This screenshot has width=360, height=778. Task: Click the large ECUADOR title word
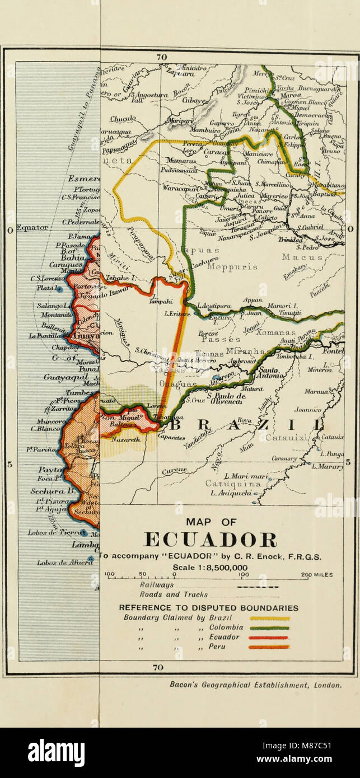pyautogui.click(x=210, y=540)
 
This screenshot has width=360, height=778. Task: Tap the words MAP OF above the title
pyautogui.click(x=211, y=522)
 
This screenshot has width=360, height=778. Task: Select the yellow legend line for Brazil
pyautogui.click(x=269, y=618)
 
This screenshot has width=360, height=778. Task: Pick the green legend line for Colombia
pyautogui.click(x=269, y=628)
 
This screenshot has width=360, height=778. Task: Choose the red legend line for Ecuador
pyautogui.click(x=269, y=638)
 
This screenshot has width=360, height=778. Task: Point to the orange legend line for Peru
pyautogui.click(x=269, y=647)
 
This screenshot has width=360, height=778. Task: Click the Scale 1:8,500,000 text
pyautogui.click(x=210, y=567)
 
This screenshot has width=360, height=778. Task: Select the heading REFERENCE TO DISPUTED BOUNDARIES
pyautogui.click(x=208, y=608)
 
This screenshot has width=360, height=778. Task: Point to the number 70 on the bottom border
pyautogui.click(x=158, y=667)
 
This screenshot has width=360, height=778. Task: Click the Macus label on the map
pyautogui.click(x=302, y=257)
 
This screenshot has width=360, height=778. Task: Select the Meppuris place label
pyautogui.click(x=232, y=267)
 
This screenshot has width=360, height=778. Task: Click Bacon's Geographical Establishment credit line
pyautogui.click(x=255, y=685)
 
